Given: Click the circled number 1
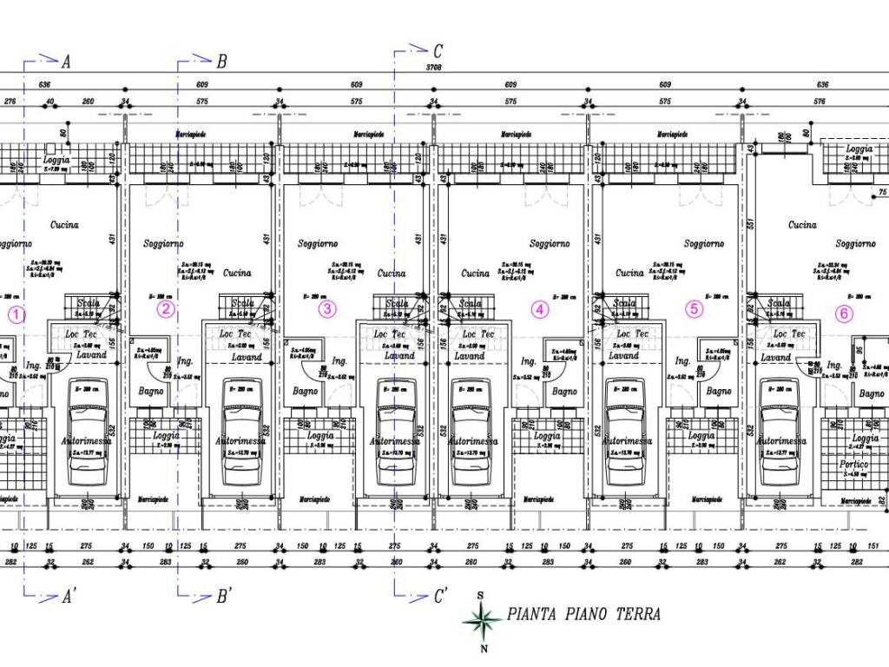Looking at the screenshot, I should (19, 313).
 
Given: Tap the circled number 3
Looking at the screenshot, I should (326, 308).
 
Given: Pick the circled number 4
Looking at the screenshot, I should (540, 308).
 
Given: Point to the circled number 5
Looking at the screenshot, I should (693, 308).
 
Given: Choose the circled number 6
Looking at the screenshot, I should (844, 314).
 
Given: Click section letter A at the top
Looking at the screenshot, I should (66, 62).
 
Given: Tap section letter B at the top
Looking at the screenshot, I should (221, 62).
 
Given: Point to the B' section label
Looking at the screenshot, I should (223, 597).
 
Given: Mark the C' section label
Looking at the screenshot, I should (440, 597).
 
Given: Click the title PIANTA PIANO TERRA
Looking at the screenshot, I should (583, 615).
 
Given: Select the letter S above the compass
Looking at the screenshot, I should (481, 596).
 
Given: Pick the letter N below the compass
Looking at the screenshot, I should (484, 648).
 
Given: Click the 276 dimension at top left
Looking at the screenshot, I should (10, 102).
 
